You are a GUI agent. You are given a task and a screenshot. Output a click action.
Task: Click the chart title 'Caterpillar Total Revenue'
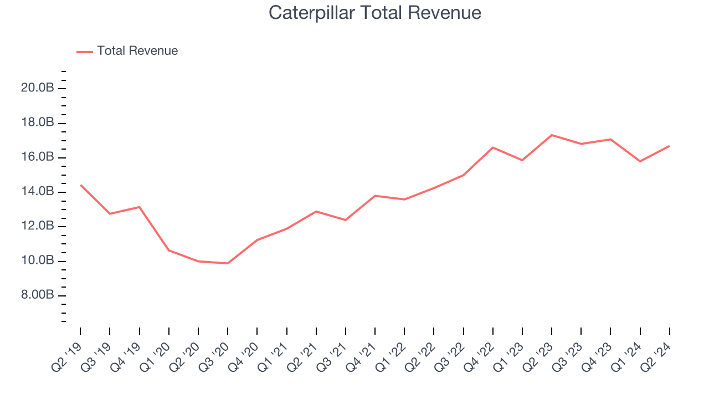tap(375, 13)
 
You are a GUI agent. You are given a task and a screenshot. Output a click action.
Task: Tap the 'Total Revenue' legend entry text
tap(137, 51)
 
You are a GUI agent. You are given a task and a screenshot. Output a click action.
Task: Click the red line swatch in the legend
tap(85, 52)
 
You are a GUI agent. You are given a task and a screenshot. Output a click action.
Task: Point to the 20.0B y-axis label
tap(38, 88)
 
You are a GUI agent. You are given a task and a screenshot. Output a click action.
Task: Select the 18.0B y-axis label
tap(38, 122)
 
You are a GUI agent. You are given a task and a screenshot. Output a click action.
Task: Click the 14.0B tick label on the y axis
tap(38, 192)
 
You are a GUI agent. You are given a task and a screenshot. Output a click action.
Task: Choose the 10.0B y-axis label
tap(38, 260)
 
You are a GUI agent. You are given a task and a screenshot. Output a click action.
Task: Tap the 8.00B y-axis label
tap(38, 295)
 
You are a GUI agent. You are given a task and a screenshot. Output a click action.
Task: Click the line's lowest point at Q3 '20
tap(228, 263)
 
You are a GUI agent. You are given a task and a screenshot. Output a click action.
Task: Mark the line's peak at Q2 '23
tap(552, 135)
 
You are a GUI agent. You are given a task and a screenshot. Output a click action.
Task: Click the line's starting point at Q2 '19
tap(81, 185)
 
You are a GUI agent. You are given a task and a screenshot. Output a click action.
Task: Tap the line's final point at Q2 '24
tap(669, 146)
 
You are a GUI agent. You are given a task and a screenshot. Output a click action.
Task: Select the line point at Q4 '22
tap(493, 147)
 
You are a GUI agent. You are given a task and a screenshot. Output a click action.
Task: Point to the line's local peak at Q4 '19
tap(139, 207)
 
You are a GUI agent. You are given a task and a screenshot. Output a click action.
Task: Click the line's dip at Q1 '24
tap(640, 161)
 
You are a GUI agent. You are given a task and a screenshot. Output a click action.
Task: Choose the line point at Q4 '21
tap(375, 196)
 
